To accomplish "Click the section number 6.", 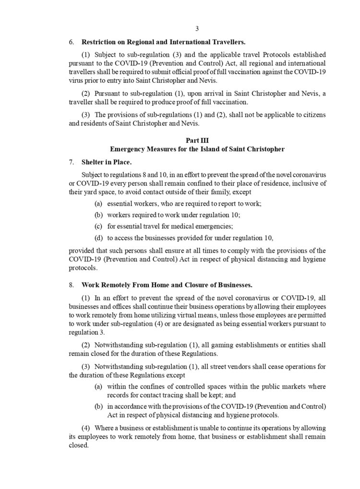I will (71, 42).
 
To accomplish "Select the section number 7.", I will (71, 162).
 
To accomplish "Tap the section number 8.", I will (71, 284).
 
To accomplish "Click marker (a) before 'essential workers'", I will (98, 204).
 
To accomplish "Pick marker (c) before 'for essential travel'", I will (98, 227).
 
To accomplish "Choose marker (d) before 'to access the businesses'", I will (98, 238).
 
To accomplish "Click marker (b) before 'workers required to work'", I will (98, 215).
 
